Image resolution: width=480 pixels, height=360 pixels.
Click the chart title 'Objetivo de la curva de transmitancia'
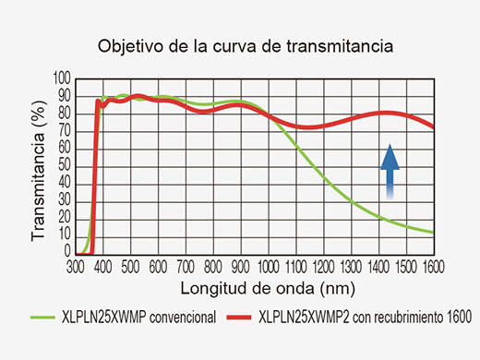coord(239,45)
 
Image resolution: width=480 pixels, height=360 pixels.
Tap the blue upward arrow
coord(390,171)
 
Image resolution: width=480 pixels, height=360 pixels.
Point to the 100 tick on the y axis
coord(63,78)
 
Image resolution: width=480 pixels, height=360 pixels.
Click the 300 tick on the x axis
coord(75,265)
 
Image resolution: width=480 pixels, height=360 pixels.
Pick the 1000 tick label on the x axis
coord(269,265)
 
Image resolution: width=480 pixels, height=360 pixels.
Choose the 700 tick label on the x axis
coord(186,265)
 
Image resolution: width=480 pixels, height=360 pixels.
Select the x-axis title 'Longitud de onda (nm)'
coord(253,285)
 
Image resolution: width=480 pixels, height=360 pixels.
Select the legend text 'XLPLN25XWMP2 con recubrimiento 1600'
coord(366,318)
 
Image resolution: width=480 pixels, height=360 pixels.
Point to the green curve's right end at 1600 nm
coord(433,232)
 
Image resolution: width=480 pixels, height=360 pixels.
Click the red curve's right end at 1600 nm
coord(433,126)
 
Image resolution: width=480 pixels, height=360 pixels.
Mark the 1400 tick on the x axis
coord(378,265)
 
